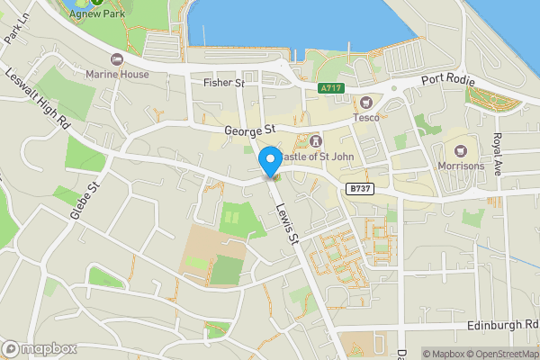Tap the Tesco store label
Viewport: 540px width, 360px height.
click(365, 117)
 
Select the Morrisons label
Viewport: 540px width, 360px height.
click(461, 166)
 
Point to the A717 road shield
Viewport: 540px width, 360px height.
click(332, 87)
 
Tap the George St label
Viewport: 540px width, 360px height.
click(248, 131)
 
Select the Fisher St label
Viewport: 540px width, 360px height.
click(223, 83)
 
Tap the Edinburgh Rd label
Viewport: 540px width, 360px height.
click(503, 324)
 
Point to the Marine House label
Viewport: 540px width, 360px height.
click(116, 75)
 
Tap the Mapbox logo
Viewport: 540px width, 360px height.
click(40, 348)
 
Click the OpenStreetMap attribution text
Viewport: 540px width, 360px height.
click(501, 354)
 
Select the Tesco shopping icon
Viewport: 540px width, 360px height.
click(365, 103)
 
